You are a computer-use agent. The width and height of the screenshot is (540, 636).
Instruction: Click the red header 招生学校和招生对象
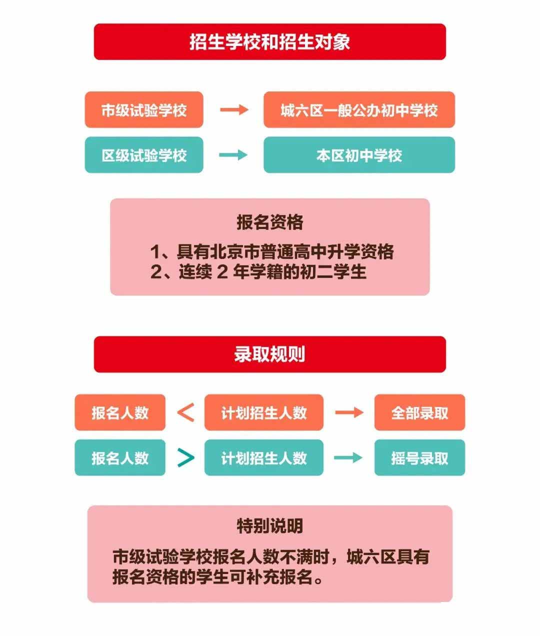(269, 42)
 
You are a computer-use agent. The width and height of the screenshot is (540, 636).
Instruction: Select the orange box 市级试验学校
(144, 110)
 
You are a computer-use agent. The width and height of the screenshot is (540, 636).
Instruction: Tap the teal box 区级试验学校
(144, 155)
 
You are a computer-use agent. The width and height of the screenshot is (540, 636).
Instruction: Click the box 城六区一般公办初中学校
(359, 110)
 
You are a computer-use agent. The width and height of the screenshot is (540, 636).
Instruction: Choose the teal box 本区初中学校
(359, 155)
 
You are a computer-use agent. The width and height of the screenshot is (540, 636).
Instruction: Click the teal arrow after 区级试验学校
(234, 155)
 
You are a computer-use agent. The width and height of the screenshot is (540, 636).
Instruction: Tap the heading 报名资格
(269, 222)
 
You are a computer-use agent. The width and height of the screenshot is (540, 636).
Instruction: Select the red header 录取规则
(269, 354)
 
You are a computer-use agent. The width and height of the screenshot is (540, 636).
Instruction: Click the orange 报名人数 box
(120, 412)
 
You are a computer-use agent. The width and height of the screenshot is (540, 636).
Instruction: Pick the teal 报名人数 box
(120, 457)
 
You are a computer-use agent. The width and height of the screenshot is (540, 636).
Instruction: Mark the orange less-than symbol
(185, 412)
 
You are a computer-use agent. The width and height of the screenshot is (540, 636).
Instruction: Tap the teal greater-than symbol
(185, 457)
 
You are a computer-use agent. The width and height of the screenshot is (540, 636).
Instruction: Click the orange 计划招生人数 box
(263, 412)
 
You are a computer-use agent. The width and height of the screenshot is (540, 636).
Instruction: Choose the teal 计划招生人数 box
(263, 457)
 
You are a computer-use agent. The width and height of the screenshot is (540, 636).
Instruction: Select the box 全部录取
(419, 412)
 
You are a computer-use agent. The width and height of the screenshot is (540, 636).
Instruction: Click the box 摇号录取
(419, 457)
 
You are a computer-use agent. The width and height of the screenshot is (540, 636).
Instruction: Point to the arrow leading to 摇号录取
(348, 457)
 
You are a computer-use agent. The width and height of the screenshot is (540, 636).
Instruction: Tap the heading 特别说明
(269, 526)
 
